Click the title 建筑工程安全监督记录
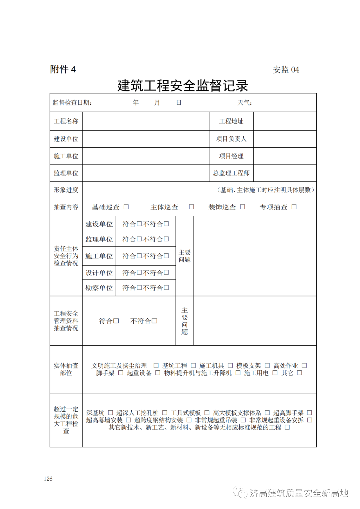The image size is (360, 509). click(183, 85)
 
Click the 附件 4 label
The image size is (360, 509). click(63, 69)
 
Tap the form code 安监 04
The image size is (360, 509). click(286, 70)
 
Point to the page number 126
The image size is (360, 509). click(48, 479)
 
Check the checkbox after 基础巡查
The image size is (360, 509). click(126, 207)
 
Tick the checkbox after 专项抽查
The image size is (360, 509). click(294, 207)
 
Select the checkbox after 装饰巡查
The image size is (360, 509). click(243, 207)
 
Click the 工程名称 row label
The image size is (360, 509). click(66, 121)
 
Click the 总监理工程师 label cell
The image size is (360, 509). click(231, 173)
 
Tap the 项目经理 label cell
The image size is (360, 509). click(231, 156)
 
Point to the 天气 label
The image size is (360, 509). click(244, 103)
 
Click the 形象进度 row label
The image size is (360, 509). click(66, 190)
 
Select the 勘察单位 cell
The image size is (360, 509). click(99, 288)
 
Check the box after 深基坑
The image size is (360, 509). click(111, 413)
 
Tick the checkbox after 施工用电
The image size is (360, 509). click(275, 373)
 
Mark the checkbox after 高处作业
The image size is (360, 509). click(304, 366)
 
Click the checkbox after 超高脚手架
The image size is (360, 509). click(310, 413)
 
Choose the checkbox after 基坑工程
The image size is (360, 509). click(193, 366)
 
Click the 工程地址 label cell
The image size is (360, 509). click(231, 121)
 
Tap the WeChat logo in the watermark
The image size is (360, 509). click(240, 493)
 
